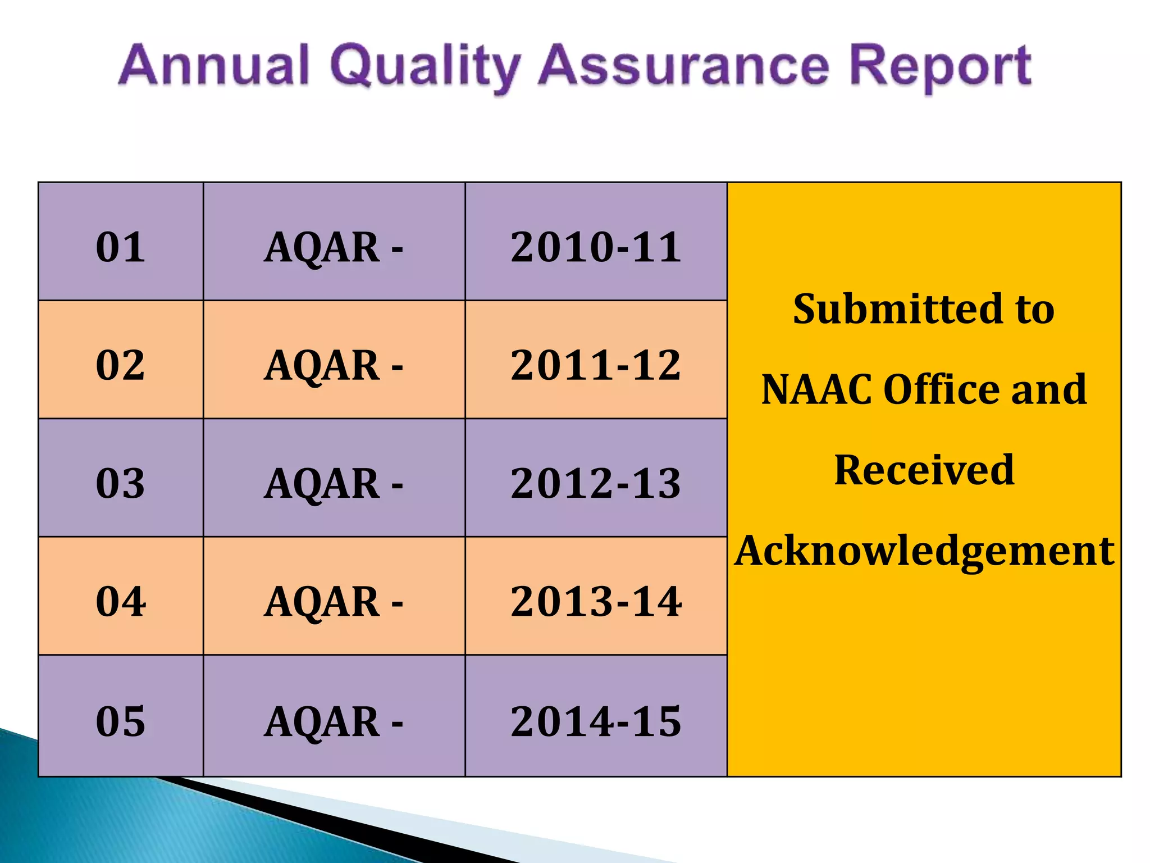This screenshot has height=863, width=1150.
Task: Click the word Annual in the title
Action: (x=214, y=66)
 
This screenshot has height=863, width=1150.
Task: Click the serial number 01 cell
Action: (x=121, y=247)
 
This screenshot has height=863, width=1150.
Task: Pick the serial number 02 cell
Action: (x=121, y=365)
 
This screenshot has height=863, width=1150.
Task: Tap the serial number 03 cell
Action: (x=121, y=483)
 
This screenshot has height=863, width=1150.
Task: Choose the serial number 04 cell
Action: (x=121, y=602)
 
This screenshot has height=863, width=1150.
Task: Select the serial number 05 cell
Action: (x=121, y=721)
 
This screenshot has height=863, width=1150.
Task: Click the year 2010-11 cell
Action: (x=596, y=247)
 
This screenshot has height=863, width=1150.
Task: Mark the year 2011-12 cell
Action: (x=596, y=365)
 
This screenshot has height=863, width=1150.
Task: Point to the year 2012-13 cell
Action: (x=596, y=483)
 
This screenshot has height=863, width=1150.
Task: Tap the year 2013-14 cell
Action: (x=596, y=602)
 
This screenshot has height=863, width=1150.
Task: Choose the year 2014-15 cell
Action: (x=596, y=721)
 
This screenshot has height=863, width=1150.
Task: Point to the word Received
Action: (x=924, y=470)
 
